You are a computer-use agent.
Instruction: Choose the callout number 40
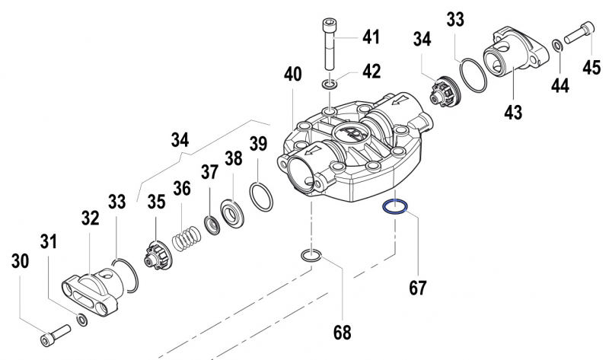(x=293, y=75)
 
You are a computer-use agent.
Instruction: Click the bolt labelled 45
(x=579, y=33)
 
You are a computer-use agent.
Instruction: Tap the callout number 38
(x=233, y=158)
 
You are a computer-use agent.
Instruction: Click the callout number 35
(x=155, y=202)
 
